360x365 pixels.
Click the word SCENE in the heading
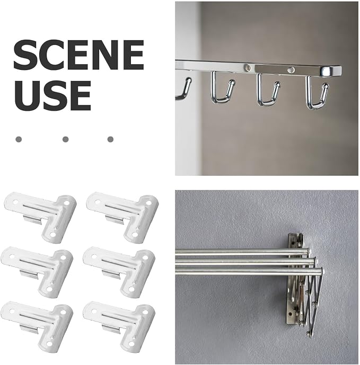click(78, 55)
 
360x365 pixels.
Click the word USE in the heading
click(52, 96)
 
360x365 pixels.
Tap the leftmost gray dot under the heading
click(19, 139)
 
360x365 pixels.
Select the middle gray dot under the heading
click(65, 139)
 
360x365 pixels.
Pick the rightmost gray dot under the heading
click(110, 139)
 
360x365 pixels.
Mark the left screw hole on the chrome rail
click(248, 67)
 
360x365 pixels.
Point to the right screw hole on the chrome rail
click(291, 69)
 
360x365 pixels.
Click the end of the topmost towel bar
click(309, 251)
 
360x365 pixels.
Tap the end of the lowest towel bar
click(321, 271)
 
